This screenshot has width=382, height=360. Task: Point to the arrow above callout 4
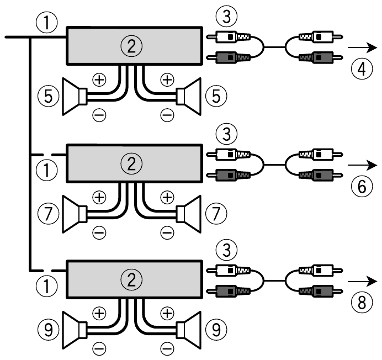click(x=363, y=48)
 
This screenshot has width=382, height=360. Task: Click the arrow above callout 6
click(x=363, y=165)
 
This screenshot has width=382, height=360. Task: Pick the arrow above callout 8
click(x=363, y=282)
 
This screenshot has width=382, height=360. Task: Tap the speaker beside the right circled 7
click(x=189, y=213)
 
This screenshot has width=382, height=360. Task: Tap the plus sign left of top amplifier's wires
click(x=99, y=80)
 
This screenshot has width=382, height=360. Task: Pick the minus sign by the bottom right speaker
click(x=166, y=349)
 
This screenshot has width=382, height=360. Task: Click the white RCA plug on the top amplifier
click(x=228, y=38)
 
